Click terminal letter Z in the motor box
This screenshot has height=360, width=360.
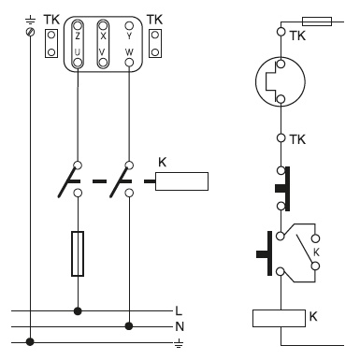[x=78, y=36]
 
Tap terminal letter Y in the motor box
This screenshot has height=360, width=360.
[x=129, y=36]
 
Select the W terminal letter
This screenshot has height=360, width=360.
[x=129, y=51]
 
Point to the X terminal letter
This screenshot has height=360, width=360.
[x=103, y=36]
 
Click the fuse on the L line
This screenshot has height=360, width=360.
[x=78, y=253]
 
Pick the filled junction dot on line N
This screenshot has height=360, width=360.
[x=129, y=326]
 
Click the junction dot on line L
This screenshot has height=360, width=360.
[x=78, y=310]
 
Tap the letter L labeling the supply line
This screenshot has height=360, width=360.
[x=179, y=310]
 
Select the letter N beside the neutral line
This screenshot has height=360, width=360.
[x=180, y=326]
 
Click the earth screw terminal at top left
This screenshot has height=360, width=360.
[x=30, y=32]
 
